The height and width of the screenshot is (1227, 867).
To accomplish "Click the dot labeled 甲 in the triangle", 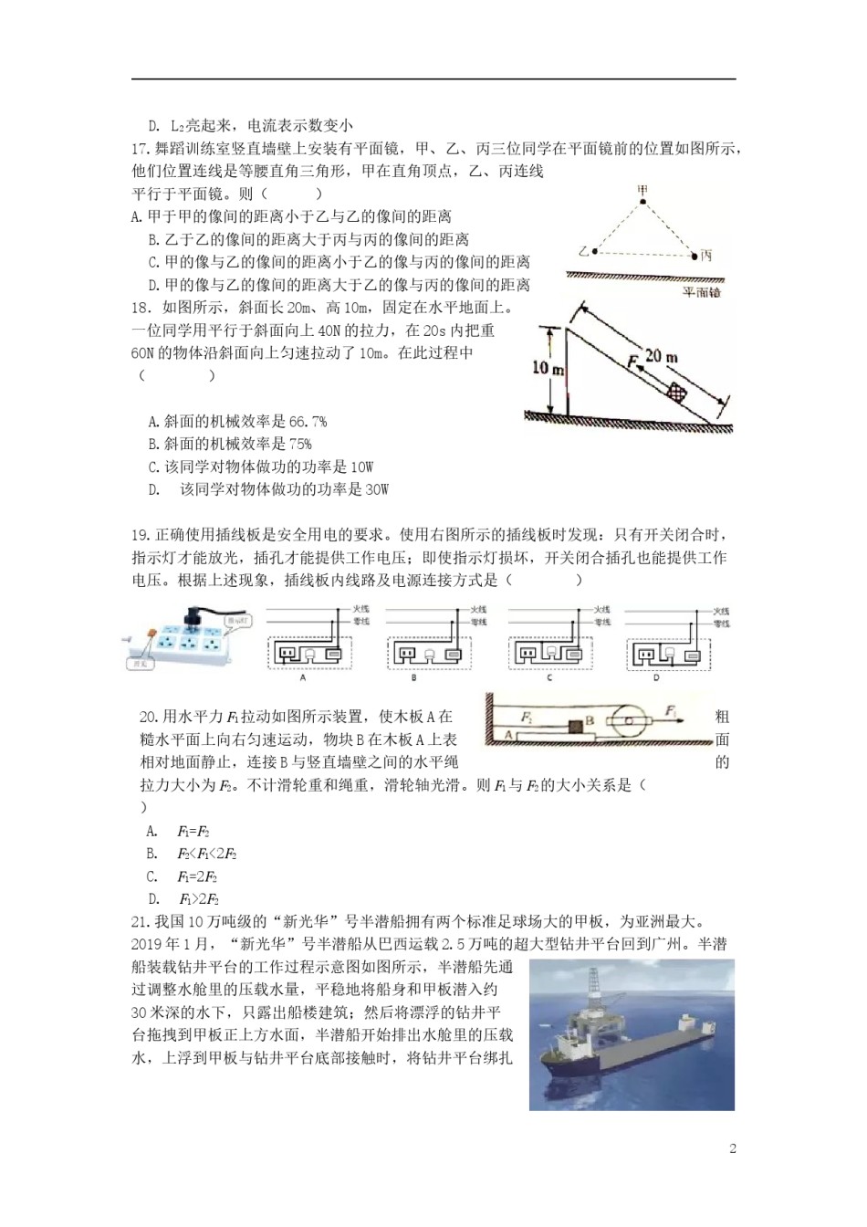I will tap(643, 201).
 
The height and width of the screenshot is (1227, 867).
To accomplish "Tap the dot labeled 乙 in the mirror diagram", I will tap(594, 251).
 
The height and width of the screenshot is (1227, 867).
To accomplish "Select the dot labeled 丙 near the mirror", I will tap(695, 256).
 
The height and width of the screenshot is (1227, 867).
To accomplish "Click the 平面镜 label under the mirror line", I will tap(701, 292).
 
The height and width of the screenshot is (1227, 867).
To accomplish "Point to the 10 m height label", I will tap(548, 368).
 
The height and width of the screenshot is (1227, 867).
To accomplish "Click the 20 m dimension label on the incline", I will tap(661, 356).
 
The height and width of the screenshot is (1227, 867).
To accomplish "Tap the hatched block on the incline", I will tap(676, 393).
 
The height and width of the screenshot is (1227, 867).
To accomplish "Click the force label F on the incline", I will tap(632, 362).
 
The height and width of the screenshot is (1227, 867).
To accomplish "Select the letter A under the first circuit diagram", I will tap(303, 678).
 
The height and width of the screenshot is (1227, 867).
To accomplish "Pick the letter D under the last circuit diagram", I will tap(655, 678).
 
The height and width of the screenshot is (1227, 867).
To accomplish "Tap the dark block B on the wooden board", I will tap(575, 727).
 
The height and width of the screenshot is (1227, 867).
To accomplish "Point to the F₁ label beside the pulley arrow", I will tap(671, 710).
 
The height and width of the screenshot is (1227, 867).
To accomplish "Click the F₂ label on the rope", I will tap(528, 718).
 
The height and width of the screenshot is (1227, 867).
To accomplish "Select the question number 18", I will tap(141, 308).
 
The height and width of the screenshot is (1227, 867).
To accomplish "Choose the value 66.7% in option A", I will tap(308, 422).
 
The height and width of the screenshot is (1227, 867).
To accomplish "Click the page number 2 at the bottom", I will tap(732, 1148).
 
